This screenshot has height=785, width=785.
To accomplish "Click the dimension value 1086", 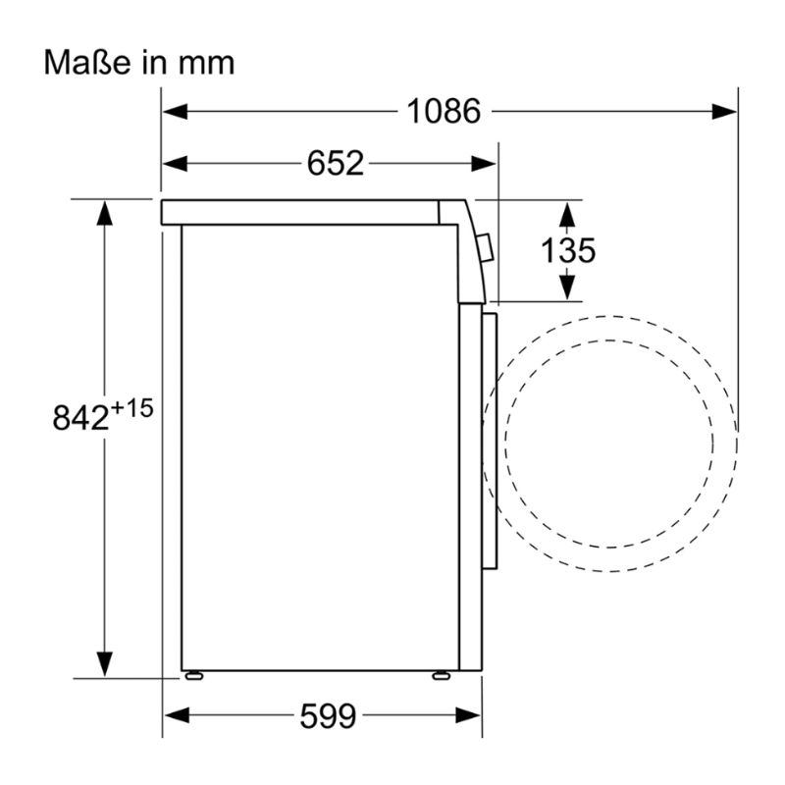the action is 444,111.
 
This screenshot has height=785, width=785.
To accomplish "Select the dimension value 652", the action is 335,163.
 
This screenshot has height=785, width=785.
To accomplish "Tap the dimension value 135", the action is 568,250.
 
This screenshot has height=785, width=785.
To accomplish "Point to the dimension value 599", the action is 328,716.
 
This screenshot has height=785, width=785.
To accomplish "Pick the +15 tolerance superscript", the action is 131,408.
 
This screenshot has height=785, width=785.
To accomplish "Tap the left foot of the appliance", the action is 193,676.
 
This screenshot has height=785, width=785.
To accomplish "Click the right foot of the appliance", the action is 441,676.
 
